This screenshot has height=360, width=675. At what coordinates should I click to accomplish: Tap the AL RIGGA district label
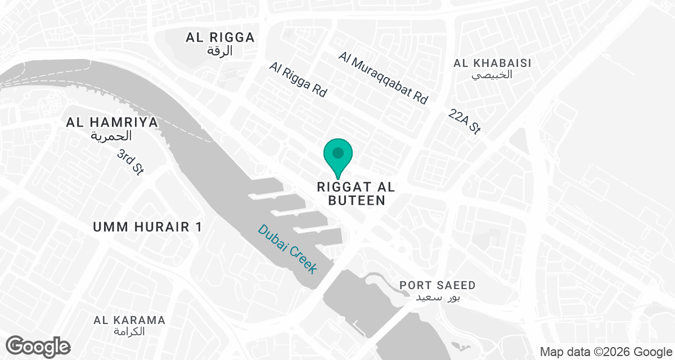pos(220,38)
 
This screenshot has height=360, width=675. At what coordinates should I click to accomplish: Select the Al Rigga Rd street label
pos(298,80)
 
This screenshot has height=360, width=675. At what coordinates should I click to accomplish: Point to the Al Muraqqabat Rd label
pos(384,78)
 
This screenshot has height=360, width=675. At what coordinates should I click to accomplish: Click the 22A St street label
pos(465,121)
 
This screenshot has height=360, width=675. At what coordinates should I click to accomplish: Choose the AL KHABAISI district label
pos(492,62)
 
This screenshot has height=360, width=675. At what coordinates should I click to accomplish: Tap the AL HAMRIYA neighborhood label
pos(111,122)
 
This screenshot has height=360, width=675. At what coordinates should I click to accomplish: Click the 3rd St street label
pos(130,162)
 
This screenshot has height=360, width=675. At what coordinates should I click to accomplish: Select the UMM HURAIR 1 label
pos(147,227)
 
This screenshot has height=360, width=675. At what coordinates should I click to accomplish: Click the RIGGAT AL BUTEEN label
pos(352,193)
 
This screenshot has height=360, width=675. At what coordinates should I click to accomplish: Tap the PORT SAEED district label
pos(438,285)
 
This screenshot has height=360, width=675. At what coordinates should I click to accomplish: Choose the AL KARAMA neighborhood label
pos(129,320)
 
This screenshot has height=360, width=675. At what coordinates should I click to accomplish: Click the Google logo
pos(38,346)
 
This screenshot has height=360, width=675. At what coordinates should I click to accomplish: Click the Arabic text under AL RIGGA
pos(220,51)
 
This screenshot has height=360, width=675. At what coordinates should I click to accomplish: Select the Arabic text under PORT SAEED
pos(438,297)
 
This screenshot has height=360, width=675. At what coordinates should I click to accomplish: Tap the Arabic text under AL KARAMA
pos(129,332)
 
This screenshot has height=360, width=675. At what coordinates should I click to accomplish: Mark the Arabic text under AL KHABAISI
pos(492,75)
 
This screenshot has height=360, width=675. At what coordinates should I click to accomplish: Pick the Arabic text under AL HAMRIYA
pos(111,136)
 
